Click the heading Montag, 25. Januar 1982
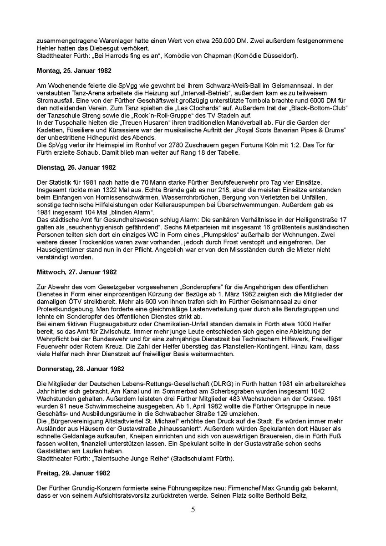pyautogui.click(x=73, y=71)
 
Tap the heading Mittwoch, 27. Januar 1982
pyautogui.click(x=76, y=272)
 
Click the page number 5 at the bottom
pyautogui.click(x=193, y=509)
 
